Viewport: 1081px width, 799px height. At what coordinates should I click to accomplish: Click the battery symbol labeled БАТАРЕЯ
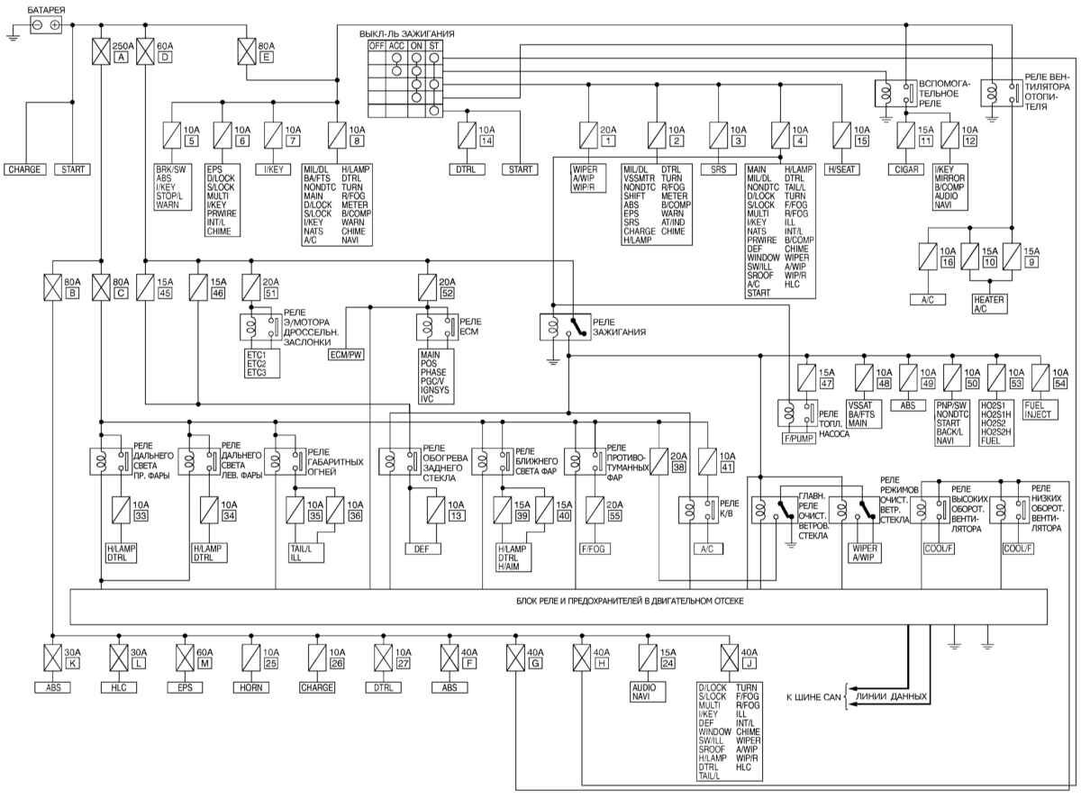[46, 26]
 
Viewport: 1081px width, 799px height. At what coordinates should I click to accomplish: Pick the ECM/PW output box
[346, 355]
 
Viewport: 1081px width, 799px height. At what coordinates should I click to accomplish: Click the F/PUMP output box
[798, 440]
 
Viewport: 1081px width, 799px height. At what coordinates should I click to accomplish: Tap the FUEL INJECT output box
[1048, 410]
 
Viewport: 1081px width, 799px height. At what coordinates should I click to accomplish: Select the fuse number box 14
[486, 142]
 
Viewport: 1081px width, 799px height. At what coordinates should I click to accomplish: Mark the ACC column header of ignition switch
[396, 45]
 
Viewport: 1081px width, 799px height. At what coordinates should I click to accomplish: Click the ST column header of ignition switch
[435, 45]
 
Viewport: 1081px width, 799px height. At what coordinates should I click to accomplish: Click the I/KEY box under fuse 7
[273, 168]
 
